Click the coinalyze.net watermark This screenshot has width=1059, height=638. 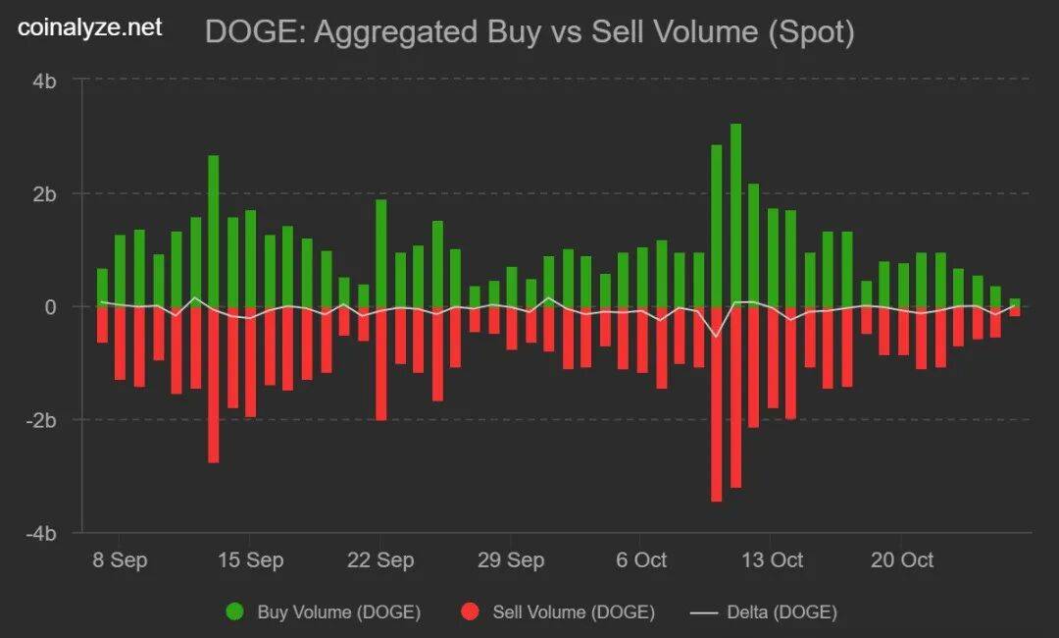pos(90,27)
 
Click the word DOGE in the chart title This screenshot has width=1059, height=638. pos(244,32)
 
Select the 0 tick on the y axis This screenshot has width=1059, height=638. pos(50,306)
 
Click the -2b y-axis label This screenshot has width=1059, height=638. pos(41,420)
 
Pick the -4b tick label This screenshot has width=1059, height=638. pos(41,533)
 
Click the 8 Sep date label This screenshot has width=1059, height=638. pos(119,560)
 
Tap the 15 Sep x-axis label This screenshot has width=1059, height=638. pos(249,560)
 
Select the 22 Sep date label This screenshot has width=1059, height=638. pos(380,560)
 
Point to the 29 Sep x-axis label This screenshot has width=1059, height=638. pos(511,560)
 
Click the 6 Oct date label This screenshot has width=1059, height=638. pos(641,560)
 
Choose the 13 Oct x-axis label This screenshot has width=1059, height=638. pos(772,560)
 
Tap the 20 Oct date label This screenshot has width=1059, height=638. pos(902,560)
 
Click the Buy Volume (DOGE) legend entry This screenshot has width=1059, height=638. pos(324,612)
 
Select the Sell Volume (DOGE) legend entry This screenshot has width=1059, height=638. pos(557,612)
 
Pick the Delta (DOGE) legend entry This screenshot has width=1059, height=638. pos(764,612)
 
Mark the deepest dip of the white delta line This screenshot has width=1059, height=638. pos(716,337)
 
